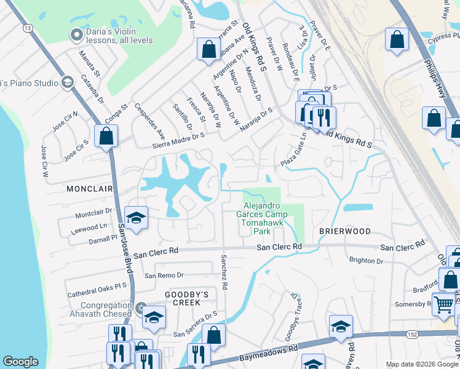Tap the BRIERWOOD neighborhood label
[x=344, y=231]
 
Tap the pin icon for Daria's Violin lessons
[x=76, y=35]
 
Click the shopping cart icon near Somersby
[x=443, y=304]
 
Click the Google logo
[x=20, y=362]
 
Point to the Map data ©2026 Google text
[x=421, y=364]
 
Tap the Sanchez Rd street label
[x=224, y=271]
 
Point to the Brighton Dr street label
[x=366, y=261]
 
